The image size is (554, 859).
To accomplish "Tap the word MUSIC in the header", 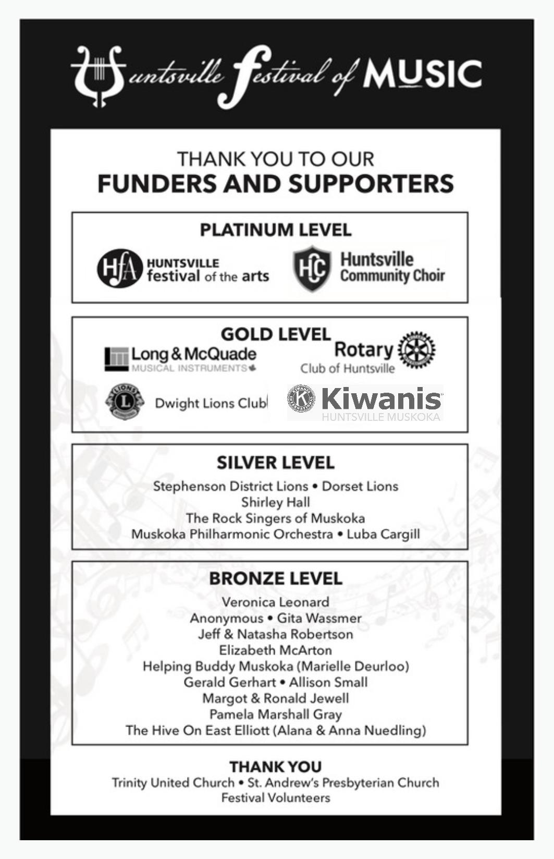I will click(422, 74).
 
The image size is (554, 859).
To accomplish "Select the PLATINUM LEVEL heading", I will click(276, 230).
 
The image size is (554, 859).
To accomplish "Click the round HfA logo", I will click(119, 269).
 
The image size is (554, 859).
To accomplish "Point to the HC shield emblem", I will click(312, 269).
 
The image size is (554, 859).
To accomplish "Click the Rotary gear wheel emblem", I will click(416, 349).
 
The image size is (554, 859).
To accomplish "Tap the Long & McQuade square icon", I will click(116, 359).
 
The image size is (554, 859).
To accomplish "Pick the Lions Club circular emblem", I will click(124, 402).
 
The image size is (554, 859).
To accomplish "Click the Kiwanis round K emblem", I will click(301, 399).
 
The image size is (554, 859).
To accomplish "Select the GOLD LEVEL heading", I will click(276, 334).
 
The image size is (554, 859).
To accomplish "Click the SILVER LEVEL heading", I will click(276, 463).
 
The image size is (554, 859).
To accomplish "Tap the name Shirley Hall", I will click(276, 502).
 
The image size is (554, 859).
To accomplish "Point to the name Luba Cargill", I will click(383, 534).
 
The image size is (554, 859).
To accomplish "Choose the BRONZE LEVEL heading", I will click(276, 578).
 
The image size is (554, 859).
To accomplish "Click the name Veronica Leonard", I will click(276, 602).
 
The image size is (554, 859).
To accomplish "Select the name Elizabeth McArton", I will click(276, 650).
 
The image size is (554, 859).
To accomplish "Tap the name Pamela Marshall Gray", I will click(276, 715).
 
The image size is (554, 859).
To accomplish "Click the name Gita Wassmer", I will click(319, 618).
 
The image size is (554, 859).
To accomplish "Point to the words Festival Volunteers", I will click(276, 798).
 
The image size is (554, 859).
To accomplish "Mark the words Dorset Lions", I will click(360, 487).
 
